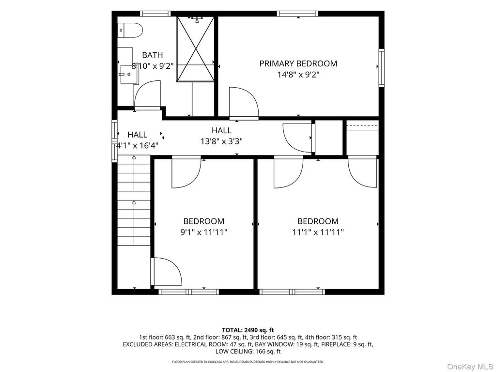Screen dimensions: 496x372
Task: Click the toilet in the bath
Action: tap(130, 30)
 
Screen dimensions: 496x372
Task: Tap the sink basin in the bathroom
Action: tap(129, 75)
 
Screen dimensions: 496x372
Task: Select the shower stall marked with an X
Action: tap(195, 49)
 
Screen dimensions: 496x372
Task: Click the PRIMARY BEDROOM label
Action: tap(298, 63)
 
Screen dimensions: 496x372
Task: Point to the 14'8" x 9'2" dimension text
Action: tap(298, 75)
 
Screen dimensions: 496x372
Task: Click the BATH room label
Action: tap(153, 55)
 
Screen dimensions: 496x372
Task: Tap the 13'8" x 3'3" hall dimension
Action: tap(221, 141)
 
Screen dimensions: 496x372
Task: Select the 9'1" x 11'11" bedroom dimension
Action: tap(204, 232)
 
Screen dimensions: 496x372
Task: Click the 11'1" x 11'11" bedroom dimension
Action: tap(318, 232)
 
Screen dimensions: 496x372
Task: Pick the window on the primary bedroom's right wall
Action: tap(382, 67)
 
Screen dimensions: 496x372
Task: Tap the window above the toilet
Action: tap(155, 14)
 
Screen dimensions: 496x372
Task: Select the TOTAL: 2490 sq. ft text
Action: tap(248, 330)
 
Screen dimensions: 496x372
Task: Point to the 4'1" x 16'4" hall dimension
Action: tap(137, 145)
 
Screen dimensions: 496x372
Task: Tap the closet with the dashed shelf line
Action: tap(362, 138)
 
